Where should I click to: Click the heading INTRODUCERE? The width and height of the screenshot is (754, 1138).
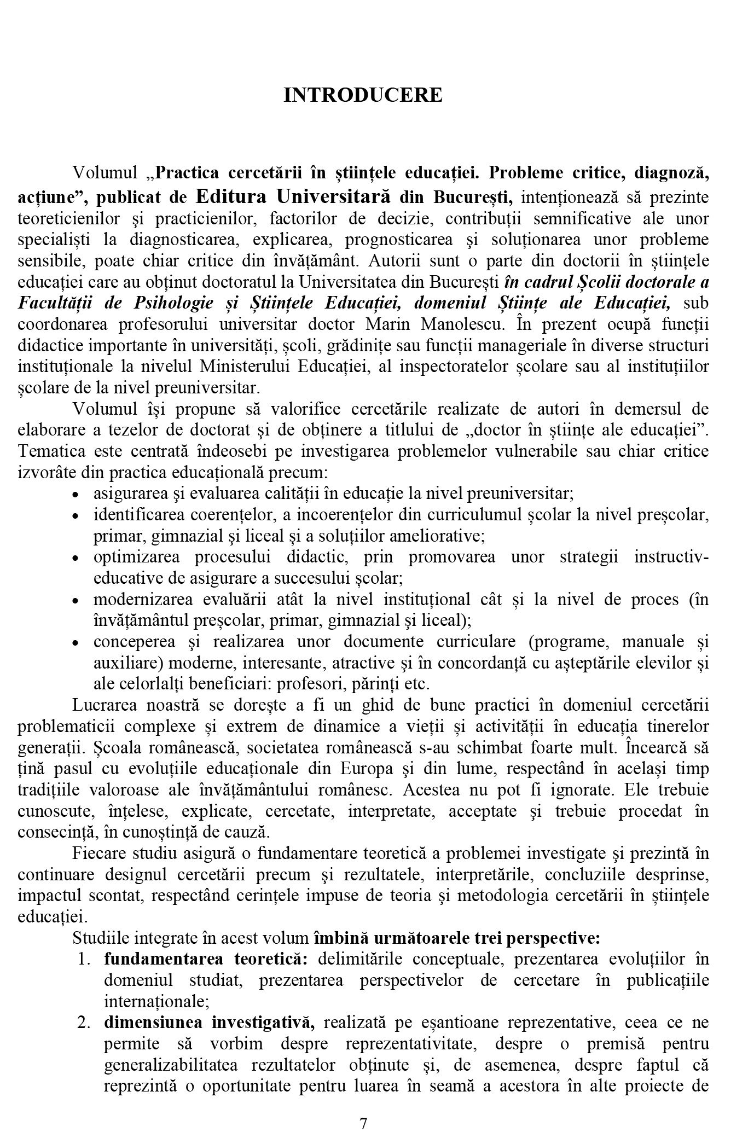point(363,95)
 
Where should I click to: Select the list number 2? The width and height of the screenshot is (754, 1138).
point(83,1023)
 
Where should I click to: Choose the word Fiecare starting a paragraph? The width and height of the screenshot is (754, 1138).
point(98,854)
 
